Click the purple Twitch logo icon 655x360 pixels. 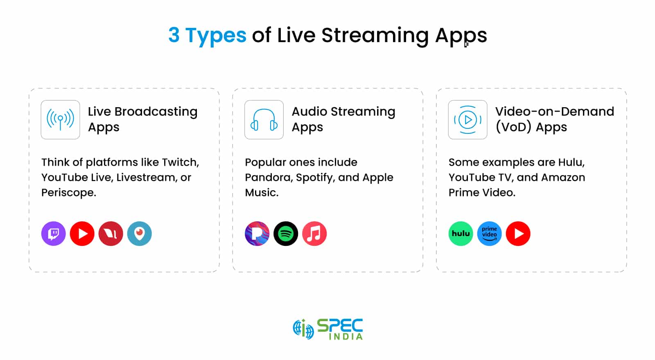tap(54, 234)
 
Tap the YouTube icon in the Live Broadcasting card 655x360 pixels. tap(82, 234)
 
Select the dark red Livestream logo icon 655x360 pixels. tap(111, 234)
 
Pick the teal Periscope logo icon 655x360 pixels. tap(140, 234)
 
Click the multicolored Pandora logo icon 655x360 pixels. tap(257, 234)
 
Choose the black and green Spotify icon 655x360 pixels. tap(286, 234)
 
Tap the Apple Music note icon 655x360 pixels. tap(314, 234)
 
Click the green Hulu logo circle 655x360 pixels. tap(461, 234)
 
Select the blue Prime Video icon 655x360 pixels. tap(490, 234)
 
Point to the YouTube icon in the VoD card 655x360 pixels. tap(518, 234)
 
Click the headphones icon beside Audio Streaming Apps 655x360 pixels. tap(264, 120)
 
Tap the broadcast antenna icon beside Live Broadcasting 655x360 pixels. tap(61, 120)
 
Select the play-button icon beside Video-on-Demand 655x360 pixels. tap(468, 120)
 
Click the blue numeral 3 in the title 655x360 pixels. tap(174, 35)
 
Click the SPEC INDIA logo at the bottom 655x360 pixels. tap(328, 329)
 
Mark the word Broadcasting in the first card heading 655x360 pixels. tap(156, 112)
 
